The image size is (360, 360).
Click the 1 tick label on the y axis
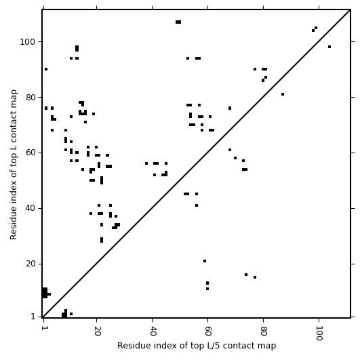[33, 317]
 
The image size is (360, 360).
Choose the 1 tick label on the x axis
[43, 328]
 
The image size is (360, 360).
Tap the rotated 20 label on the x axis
[97, 331]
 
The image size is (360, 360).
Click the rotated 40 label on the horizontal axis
[153, 331]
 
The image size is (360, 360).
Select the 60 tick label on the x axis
[208, 331]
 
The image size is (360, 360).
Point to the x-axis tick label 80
[264, 331]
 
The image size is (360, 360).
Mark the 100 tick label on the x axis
[319, 333]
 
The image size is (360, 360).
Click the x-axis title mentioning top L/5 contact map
[197, 346]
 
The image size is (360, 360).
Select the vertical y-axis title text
[14, 164]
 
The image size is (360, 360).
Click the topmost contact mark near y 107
[178, 22]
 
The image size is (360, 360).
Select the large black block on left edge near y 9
[45, 293]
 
